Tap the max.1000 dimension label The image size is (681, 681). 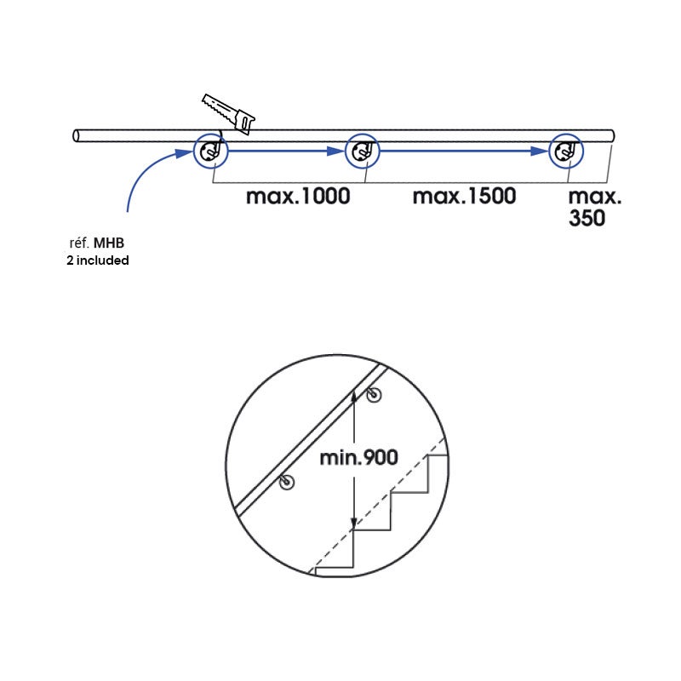click(x=298, y=197)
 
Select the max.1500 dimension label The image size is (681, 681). click(x=465, y=197)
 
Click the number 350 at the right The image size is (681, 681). click(x=587, y=218)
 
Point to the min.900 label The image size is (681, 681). click(x=358, y=458)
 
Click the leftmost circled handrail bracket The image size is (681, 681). click(x=209, y=152)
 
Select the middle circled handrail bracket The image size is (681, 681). click(x=361, y=152)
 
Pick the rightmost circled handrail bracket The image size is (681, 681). click(x=564, y=152)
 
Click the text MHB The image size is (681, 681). click(x=113, y=243)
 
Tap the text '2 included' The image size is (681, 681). click(x=98, y=260)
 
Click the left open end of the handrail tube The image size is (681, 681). click(x=77, y=135)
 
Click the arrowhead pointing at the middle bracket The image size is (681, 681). click(x=337, y=152)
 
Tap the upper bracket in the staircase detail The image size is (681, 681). click(x=374, y=394)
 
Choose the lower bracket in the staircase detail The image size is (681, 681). click(x=287, y=483)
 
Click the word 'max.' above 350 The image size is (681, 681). click(x=594, y=197)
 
